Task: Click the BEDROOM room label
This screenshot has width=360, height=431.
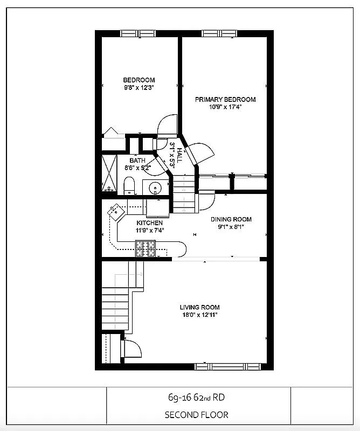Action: [x=139, y=80]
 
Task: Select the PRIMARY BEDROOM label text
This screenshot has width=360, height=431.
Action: [x=225, y=99]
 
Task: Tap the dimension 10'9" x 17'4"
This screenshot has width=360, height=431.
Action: [x=225, y=107]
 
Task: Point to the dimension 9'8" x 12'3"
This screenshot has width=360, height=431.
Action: [x=139, y=88]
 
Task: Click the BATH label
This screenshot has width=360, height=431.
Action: [x=137, y=161]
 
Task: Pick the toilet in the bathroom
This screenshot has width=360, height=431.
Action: [x=129, y=187]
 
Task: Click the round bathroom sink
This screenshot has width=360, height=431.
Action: [x=156, y=188]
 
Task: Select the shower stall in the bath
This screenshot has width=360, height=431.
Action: [x=109, y=173]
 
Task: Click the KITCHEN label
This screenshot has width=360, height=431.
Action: [x=149, y=223]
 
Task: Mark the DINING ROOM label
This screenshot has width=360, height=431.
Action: [x=231, y=219]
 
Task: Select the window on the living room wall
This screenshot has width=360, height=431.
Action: [x=230, y=366]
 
